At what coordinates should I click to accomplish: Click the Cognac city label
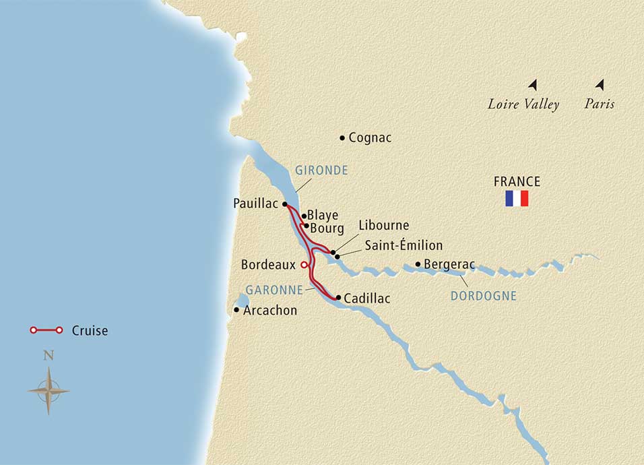[x=370, y=137]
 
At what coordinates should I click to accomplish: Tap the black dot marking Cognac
[x=343, y=137]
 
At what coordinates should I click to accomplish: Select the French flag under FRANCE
[x=517, y=199]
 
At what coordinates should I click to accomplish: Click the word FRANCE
[x=517, y=181]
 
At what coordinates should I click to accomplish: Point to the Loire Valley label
[x=523, y=104]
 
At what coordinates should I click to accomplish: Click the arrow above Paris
[x=600, y=85]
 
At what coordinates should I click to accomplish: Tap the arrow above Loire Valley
[x=533, y=85]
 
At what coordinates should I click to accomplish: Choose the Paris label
[x=600, y=104]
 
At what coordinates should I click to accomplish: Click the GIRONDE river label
[x=321, y=170]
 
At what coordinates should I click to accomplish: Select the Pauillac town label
[x=255, y=203]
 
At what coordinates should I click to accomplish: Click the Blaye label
[x=322, y=216]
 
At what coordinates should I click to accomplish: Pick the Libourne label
[x=384, y=225]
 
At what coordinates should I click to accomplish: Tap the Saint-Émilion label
[x=404, y=245]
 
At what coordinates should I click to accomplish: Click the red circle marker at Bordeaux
[x=304, y=265]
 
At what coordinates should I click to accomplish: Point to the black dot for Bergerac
[x=418, y=264]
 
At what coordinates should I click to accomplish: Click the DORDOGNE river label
[x=483, y=296]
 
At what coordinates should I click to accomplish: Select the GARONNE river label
[x=273, y=289]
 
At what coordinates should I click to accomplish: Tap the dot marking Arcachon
[x=236, y=310]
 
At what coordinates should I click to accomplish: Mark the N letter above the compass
[x=48, y=356]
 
